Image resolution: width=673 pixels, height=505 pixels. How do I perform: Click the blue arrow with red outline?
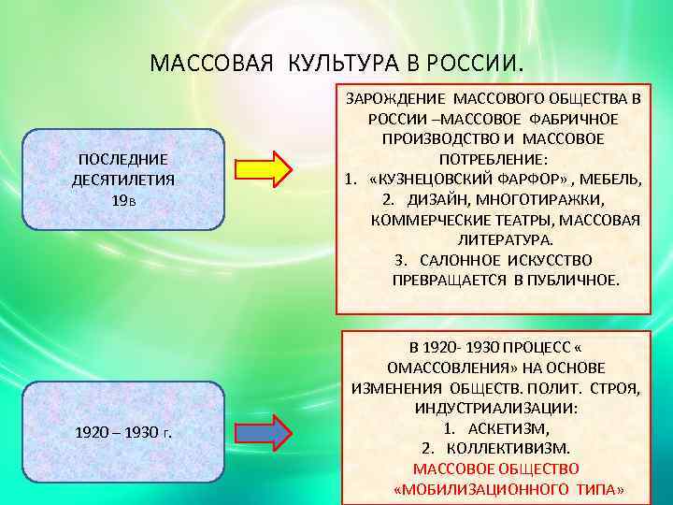tap(264, 431)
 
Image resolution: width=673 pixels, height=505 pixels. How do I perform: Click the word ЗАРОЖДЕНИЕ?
tap(396, 98)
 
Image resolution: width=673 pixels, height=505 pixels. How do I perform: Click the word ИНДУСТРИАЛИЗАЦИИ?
tap(496, 408)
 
